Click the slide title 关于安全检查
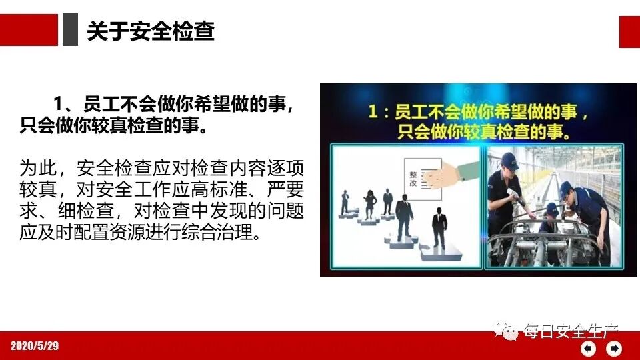click(151, 31)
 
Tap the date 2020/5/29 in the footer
click(35, 345)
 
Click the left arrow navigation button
click(588, 348)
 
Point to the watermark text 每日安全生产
click(571, 331)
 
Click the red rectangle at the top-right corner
click(629, 31)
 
